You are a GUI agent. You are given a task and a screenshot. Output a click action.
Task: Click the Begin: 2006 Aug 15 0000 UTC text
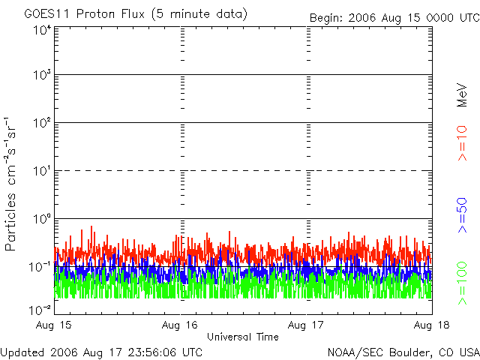tap(394, 17)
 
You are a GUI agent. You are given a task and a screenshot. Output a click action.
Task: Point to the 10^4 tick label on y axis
tap(40, 29)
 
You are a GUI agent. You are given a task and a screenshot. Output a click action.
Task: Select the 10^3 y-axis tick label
tap(40, 75)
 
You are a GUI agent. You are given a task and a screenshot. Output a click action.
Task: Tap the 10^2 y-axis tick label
tap(40, 122)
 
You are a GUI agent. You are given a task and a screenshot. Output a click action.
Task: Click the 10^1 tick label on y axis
tap(40, 170)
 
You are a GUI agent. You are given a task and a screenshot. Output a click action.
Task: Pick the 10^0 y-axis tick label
tap(40, 218)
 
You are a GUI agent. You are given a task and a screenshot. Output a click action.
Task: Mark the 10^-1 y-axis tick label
tap(40, 265)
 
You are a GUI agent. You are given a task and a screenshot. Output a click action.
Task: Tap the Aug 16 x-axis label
tap(180, 325)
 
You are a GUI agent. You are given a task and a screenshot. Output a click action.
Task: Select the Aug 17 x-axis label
tap(306, 325)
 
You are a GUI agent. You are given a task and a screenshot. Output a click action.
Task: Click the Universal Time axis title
tap(243, 337)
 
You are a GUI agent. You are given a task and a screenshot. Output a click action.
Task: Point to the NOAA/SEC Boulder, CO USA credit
tap(403, 351)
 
